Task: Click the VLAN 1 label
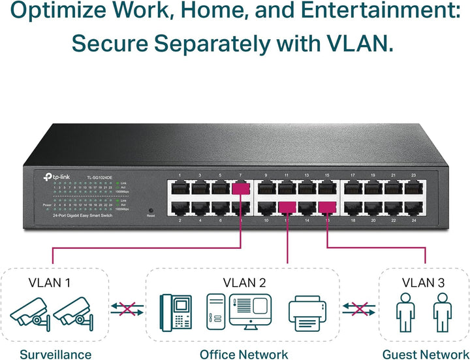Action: pyautogui.click(x=50, y=284)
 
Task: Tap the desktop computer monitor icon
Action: pyautogui.click(x=250, y=309)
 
